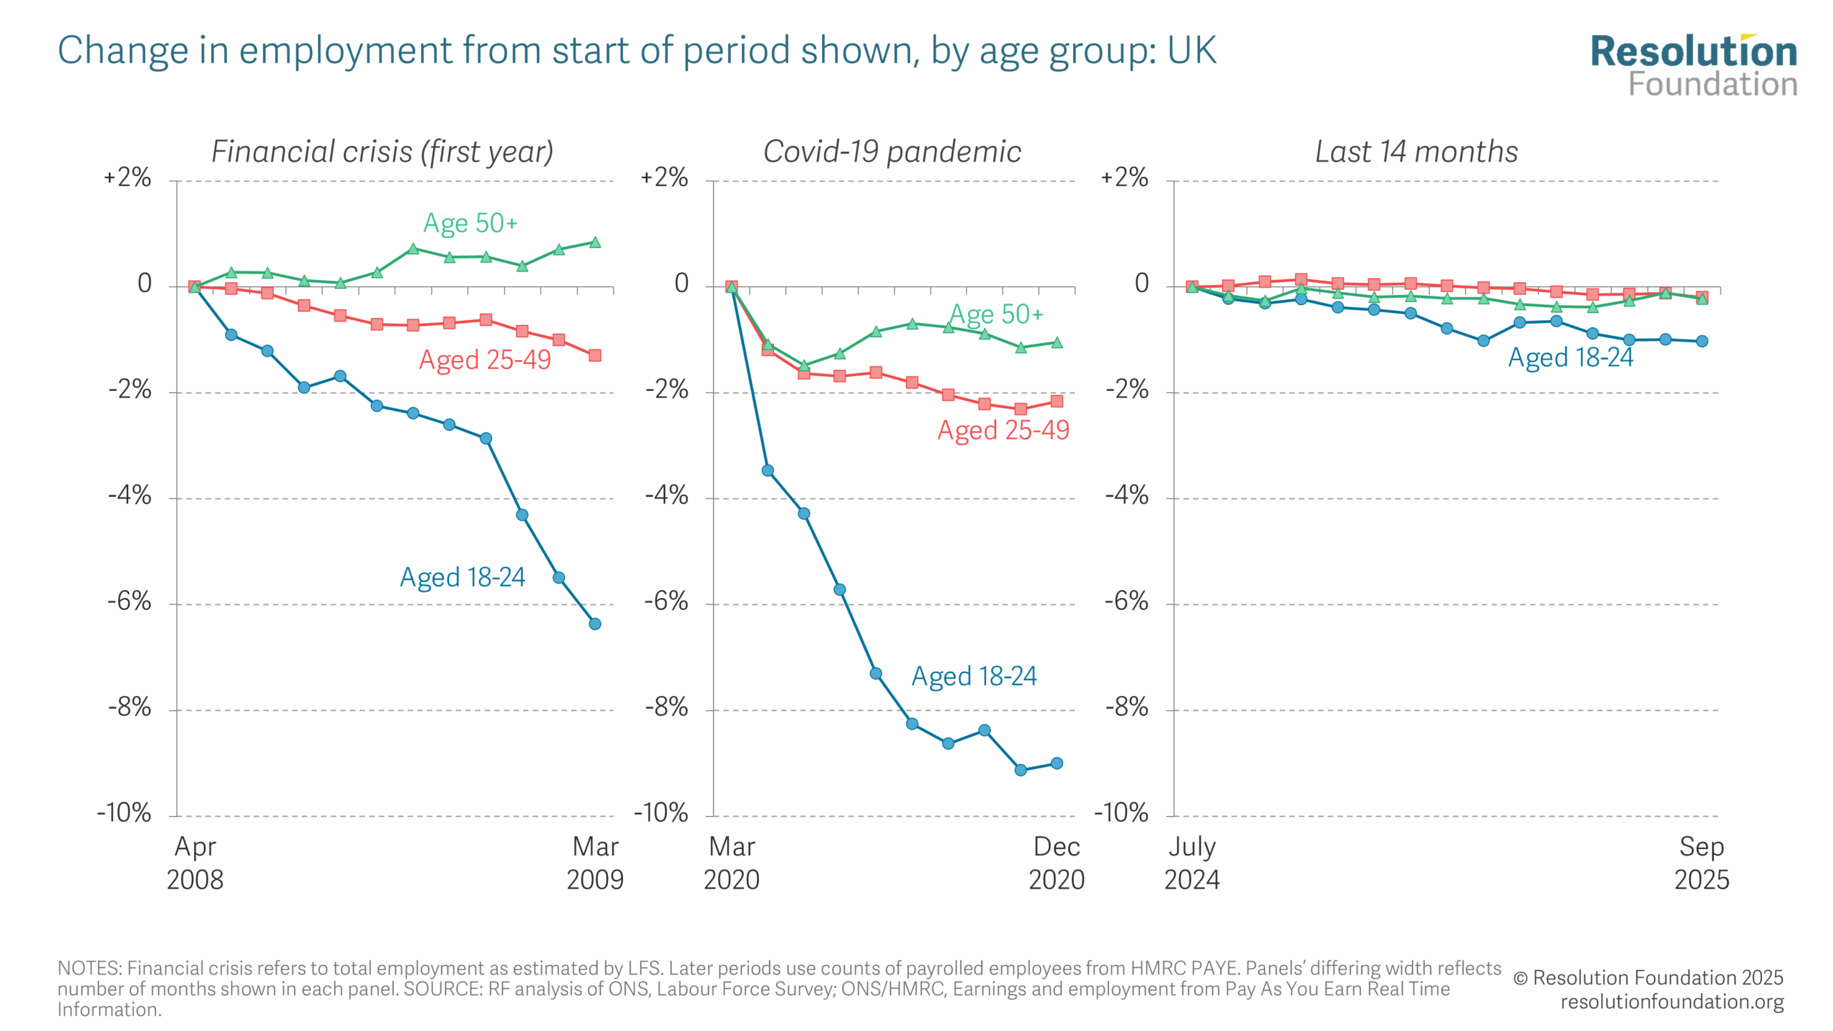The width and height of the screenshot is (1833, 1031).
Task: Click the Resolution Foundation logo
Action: pyautogui.click(x=1693, y=66)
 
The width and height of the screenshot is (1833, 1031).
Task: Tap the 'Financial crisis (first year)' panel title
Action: pyautogui.click(x=382, y=152)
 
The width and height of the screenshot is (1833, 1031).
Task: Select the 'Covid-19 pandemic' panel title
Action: pyautogui.click(x=892, y=152)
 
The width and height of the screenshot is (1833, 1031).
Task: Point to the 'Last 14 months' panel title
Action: pyautogui.click(x=1416, y=152)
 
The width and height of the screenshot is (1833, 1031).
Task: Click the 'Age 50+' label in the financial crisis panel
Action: pyautogui.click(x=470, y=223)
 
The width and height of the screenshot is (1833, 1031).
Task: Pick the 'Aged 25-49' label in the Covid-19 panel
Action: pyautogui.click(x=1003, y=430)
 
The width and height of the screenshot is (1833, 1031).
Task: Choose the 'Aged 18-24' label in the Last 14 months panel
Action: pyautogui.click(x=1571, y=357)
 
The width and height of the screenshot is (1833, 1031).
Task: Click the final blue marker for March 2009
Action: pyautogui.click(x=595, y=624)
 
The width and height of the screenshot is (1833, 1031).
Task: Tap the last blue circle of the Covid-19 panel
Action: pyautogui.click(x=1057, y=763)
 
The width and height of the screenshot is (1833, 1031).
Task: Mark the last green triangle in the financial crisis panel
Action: pyautogui.click(x=595, y=243)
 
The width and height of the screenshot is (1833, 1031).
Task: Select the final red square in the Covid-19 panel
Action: pyautogui.click(x=1057, y=402)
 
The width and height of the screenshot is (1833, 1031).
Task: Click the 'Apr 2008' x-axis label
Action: pyautogui.click(x=195, y=863)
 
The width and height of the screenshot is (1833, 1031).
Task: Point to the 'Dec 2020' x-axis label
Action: pyautogui.click(x=1057, y=863)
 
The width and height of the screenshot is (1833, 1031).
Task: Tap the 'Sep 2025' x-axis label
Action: pyautogui.click(x=1701, y=863)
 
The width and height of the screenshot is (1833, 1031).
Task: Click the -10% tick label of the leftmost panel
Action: pyautogui.click(x=125, y=813)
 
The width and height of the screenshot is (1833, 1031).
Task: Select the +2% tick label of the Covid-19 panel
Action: pyautogui.click(x=664, y=178)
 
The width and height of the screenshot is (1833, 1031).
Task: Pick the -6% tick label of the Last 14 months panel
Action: pyautogui.click(x=1126, y=601)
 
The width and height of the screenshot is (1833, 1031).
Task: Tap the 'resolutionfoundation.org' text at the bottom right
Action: pyautogui.click(x=1672, y=1002)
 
